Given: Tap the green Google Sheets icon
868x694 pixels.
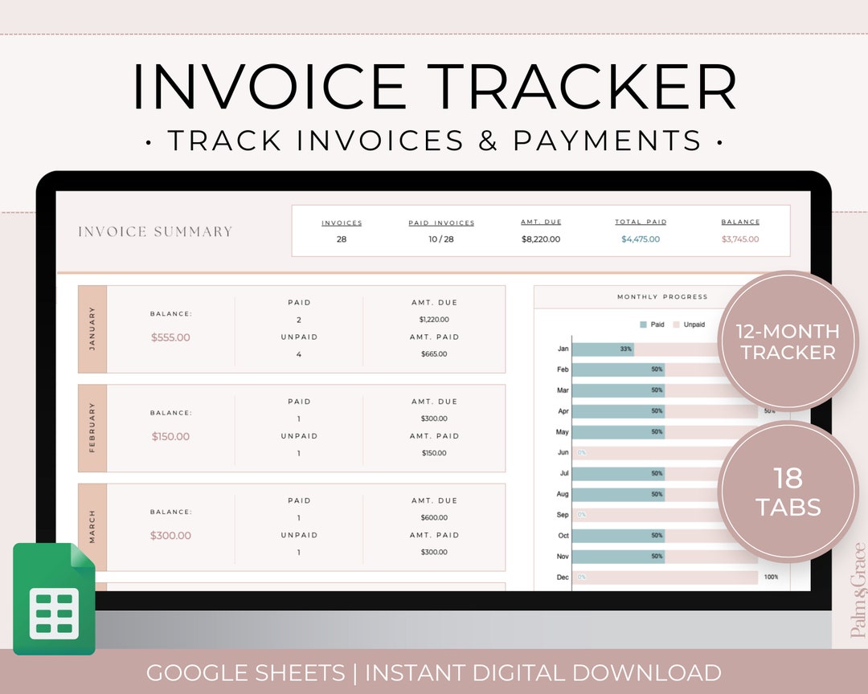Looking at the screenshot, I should pos(55,598).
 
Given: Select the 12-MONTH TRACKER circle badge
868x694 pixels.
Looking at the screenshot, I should pos(788,341).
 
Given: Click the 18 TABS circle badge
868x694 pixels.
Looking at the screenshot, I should pos(788,492).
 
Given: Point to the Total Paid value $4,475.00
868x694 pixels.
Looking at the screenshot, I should pos(641,239).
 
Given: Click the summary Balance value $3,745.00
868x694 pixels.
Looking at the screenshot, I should pos(740,239).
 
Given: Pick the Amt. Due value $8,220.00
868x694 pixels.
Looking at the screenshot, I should pos(541,239).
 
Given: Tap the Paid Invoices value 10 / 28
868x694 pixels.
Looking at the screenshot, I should pos(441,239).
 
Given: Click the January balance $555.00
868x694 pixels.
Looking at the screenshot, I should pos(170,337).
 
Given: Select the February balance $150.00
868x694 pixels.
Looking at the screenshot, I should pos(170,437).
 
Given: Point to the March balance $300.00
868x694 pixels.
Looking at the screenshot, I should pos(170,536).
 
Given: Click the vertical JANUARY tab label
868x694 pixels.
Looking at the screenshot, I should pos(92,329).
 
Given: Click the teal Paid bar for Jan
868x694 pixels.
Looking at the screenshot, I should pos(603,349).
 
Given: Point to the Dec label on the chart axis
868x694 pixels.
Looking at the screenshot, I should pos(562,578).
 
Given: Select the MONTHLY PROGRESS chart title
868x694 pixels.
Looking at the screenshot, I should pos(662,297).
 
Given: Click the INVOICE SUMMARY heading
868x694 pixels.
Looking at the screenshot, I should pos(155,232).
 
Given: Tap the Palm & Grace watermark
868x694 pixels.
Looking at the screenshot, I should pos(858,590).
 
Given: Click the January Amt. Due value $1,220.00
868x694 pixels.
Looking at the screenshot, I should pos(434,320).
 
